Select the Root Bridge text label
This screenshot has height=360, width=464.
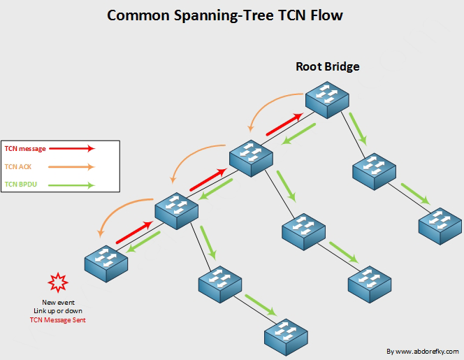[327, 67]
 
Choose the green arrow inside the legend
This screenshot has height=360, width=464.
[75, 185]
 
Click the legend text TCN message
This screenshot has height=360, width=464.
[25, 148]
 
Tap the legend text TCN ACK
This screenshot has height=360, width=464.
[18, 167]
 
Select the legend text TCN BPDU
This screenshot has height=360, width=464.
[20, 185]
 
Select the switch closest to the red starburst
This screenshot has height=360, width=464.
[106, 264]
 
